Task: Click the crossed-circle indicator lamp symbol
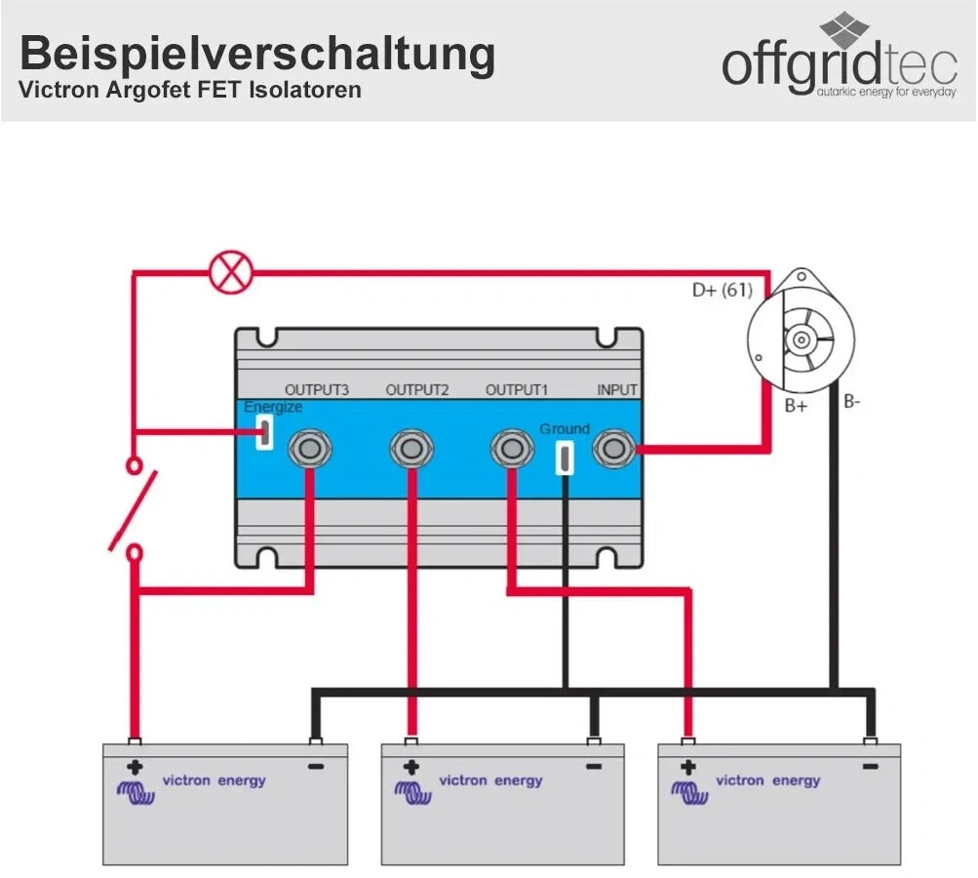[x=231, y=271]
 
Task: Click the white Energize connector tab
[x=262, y=431]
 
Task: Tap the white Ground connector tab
[x=564, y=457]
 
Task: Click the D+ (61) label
[x=723, y=290]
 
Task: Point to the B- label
[x=852, y=401]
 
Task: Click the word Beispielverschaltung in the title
[x=257, y=55]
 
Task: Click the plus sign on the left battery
[x=135, y=768]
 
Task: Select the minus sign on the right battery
[x=870, y=768]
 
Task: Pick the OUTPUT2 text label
[x=417, y=390]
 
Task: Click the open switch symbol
[x=136, y=508]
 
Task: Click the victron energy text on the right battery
[x=768, y=780]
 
